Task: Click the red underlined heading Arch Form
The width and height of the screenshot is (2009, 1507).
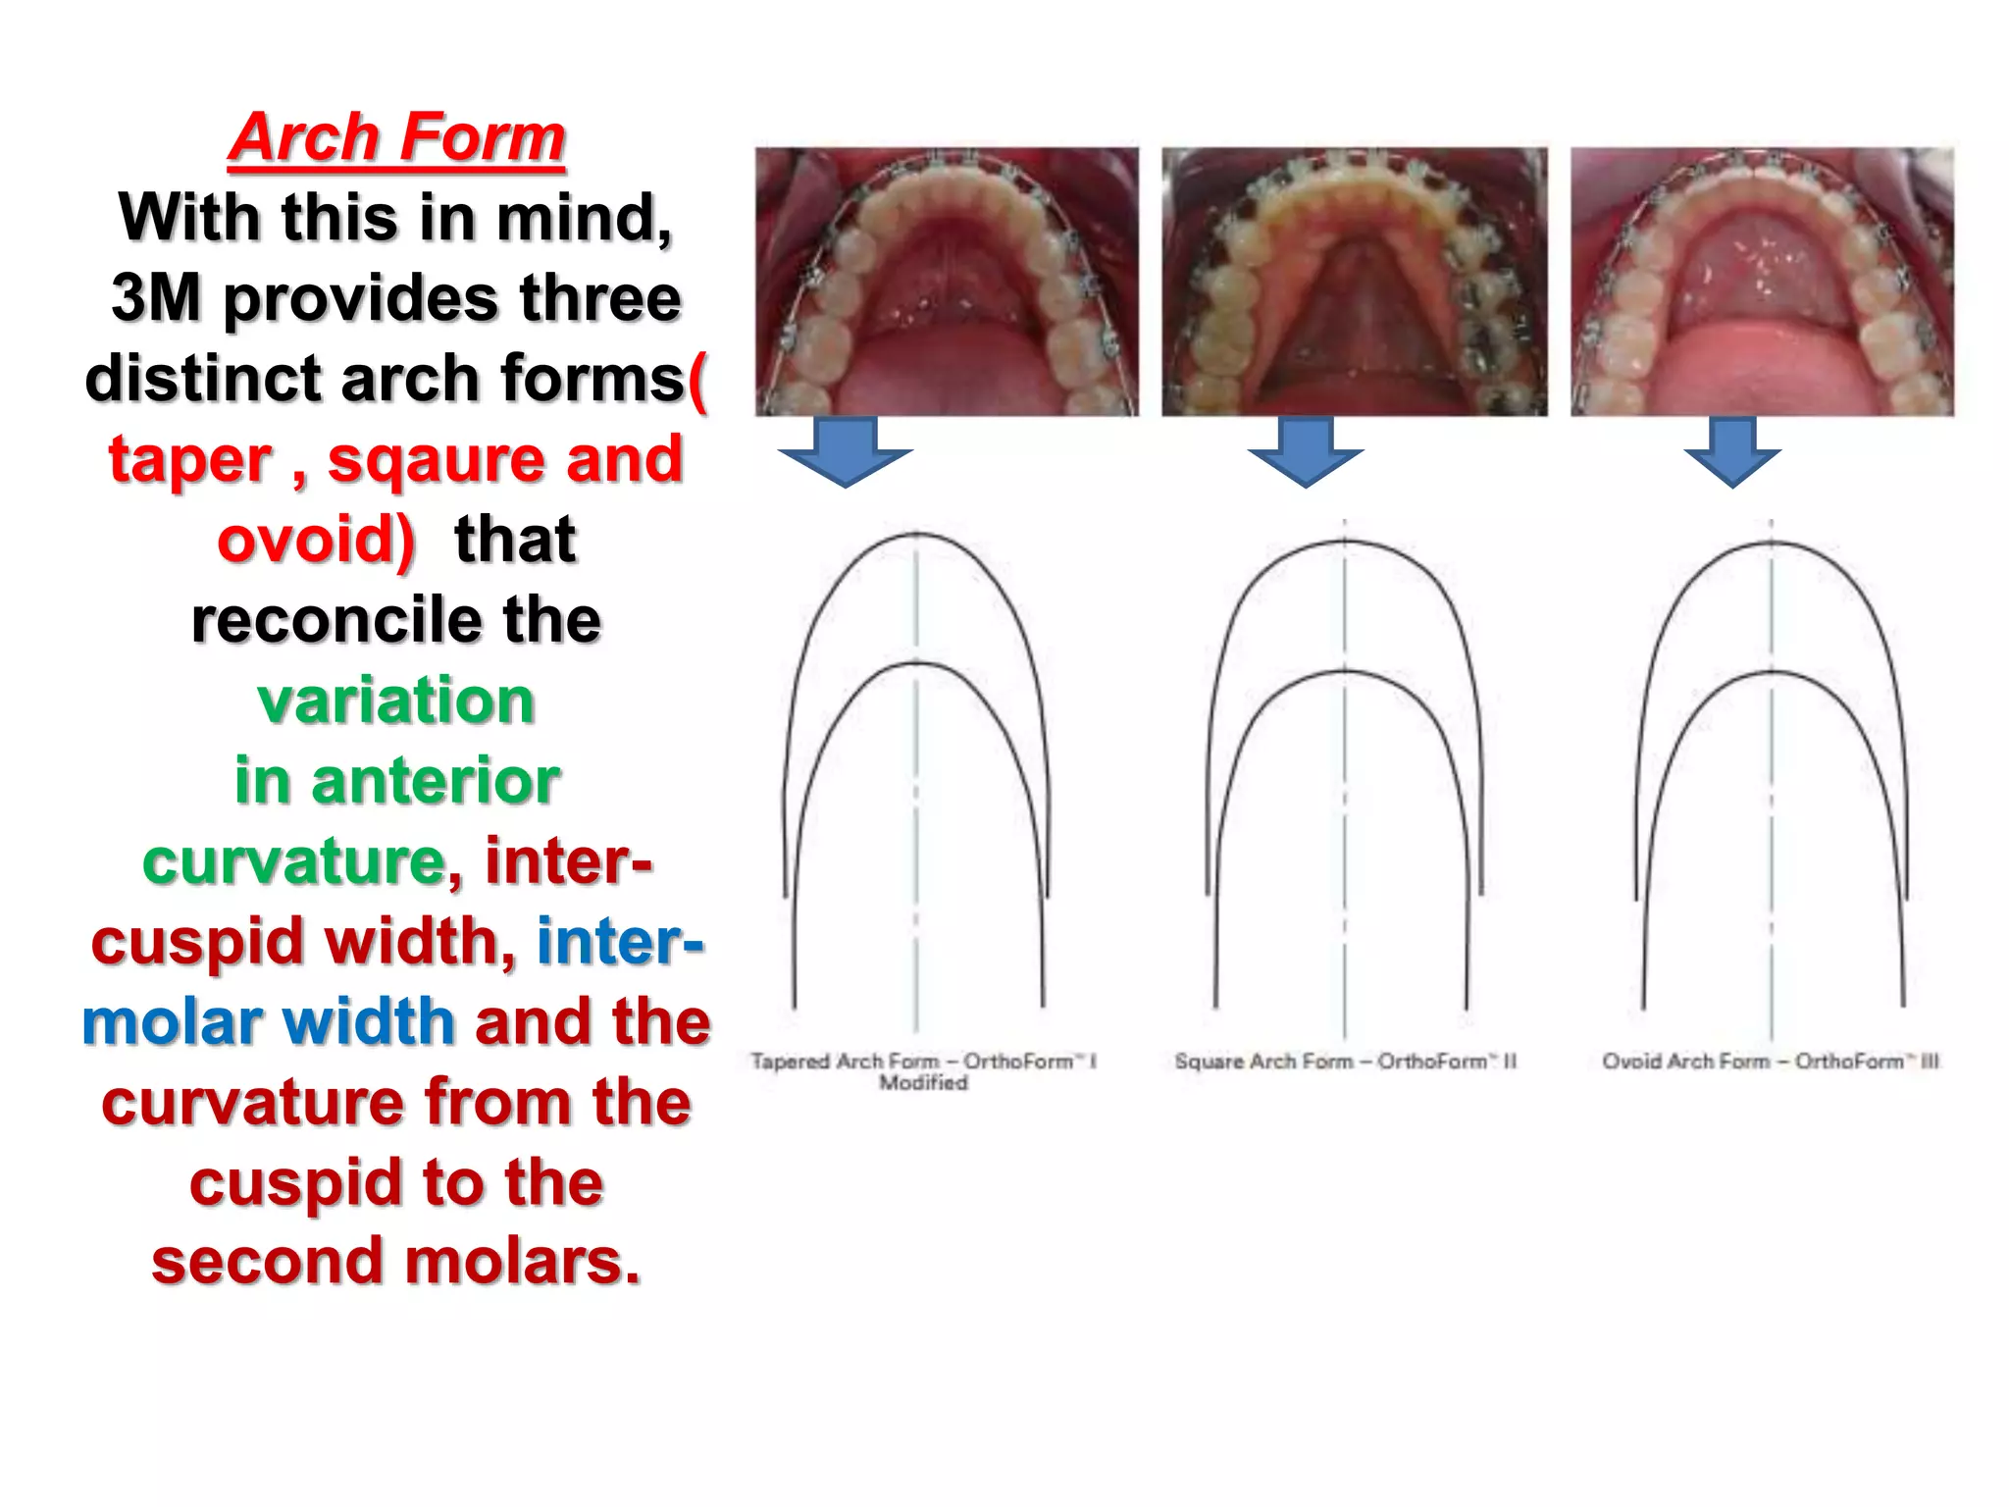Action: [x=397, y=137]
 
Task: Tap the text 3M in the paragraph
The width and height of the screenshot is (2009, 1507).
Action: [x=156, y=298]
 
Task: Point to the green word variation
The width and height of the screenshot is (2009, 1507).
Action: [x=396, y=701]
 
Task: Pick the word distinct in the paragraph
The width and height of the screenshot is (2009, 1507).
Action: [x=203, y=379]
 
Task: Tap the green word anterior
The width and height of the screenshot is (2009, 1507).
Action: [x=436, y=781]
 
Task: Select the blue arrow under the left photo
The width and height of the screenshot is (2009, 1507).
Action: [x=845, y=452]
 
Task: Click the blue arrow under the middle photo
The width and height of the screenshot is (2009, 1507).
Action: [x=1305, y=452]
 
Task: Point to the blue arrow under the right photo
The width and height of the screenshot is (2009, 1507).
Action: [x=1732, y=452]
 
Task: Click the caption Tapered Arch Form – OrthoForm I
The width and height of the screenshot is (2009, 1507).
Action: [x=923, y=1062]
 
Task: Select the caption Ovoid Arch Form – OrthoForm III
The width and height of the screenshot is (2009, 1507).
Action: [x=1771, y=1062]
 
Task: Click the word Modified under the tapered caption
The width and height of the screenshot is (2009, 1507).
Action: [x=923, y=1083]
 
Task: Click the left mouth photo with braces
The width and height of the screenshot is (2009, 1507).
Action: [x=947, y=282]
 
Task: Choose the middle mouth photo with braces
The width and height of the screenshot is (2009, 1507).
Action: [x=1355, y=282]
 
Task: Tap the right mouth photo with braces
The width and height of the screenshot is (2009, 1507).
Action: [x=1762, y=282]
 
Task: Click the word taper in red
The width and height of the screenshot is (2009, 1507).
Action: [x=189, y=459]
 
